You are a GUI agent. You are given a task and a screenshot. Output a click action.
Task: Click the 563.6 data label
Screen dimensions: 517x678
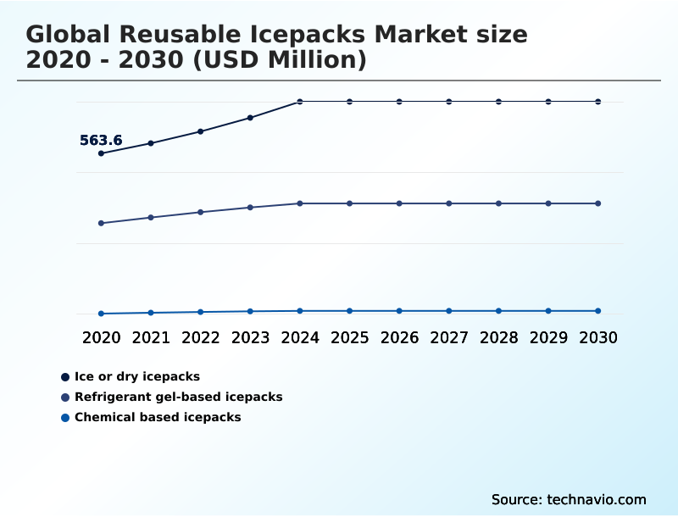(x=101, y=141)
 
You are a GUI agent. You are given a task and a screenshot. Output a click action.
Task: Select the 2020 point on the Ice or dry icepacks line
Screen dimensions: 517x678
(x=101, y=153)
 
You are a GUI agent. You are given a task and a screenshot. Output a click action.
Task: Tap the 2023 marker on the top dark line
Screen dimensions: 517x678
(x=250, y=118)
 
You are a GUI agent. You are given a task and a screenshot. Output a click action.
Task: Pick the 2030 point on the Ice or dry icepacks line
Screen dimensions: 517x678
(x=598, y=102)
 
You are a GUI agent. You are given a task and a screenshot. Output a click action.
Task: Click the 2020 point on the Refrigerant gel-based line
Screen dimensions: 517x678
(x=101, y=223)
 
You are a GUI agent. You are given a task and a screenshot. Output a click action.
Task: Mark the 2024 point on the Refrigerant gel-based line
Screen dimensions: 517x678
(x=300, y=203)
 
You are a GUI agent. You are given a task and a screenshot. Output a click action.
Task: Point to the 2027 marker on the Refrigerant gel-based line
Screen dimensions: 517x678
(x=449, y=203)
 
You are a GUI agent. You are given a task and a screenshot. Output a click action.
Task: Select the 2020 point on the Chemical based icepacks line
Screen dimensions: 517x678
(x=101, y=314)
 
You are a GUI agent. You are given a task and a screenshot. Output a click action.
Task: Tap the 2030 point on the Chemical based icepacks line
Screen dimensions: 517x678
(x=598, y=311)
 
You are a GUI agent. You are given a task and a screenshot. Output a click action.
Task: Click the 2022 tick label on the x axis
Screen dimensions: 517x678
(x=201, y=337)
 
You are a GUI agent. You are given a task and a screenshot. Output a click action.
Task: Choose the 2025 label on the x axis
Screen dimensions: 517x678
(x=350, y=337)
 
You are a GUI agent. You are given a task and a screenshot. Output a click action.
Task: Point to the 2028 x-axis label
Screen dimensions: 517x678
(x=499, y=337)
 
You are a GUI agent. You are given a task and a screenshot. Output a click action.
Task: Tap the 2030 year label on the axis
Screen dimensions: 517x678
(x=598, y=337)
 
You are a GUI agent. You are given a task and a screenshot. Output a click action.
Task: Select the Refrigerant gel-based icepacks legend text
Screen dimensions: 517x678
(x=179, y=397)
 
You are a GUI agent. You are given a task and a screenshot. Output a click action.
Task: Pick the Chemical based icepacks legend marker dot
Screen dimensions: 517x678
(x=65, y=417)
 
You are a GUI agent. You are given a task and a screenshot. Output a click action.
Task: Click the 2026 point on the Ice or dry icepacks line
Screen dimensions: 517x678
(x=399, y=102)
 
